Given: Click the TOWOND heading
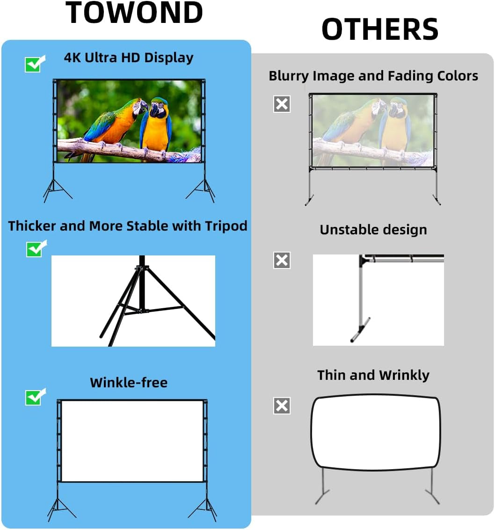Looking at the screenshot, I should coord(134,13).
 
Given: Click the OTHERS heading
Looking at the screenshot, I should coord(379,29).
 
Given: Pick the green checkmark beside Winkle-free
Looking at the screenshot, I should coord(35,397).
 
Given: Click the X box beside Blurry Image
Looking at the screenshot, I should coord(282,104).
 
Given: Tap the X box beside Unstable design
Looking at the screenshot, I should coord(282,260).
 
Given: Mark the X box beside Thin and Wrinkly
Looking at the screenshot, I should coord(282,406).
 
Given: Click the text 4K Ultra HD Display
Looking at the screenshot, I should coord(129,58).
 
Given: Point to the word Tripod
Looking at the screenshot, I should coord(226,226).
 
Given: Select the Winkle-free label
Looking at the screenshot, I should coord(129,382).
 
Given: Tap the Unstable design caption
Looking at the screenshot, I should coord(373,230).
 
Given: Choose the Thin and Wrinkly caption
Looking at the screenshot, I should coord(373,375).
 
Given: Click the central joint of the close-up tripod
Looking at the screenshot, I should coord(140,269).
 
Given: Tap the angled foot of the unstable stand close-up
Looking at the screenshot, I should coord(361,330).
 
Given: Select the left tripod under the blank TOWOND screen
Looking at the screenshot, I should coord(58,508).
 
